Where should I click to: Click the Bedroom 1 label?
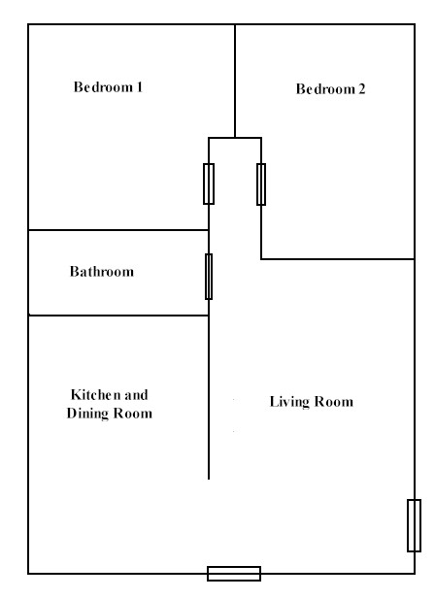(x=108, y=87)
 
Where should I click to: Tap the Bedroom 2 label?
(x=331, y=89)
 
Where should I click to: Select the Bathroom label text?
(x=102, y=272)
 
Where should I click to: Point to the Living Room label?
(x=312, y=402)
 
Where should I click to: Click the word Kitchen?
(x=95, y=394)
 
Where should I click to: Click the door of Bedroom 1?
(x=209, y=183)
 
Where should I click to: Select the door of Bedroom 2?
(x=261, y=184)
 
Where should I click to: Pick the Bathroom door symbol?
(x=209, y=277)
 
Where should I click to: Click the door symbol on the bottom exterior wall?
(x=234, y=574)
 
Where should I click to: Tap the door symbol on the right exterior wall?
(x=414, y=525)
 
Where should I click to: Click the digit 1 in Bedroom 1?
(x=140, y=87)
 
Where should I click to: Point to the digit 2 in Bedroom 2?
(x=361, y=89)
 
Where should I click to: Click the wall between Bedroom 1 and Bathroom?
(x=118, y=230)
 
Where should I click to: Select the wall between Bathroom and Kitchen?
(x=118, y=316)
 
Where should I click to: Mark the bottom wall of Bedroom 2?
(x=338, y=259)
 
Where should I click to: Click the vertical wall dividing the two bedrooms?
(x=235, y=81)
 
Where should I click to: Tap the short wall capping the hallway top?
(x=235, y=138)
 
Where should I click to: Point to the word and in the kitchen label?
(x=136, y=394)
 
